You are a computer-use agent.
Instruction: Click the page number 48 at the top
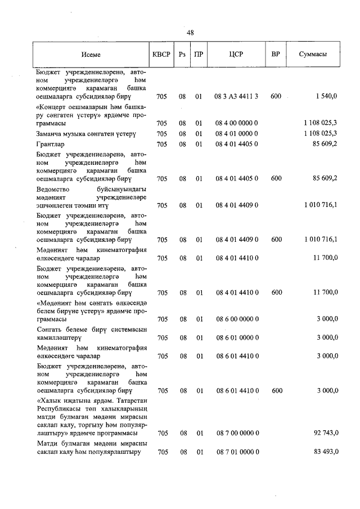pyautogui.click(x=190, y=32)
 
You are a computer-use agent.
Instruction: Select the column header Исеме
pyautogui.click(x=91, y=55)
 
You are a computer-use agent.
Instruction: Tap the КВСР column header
pyautogui.click(x=161, y=55)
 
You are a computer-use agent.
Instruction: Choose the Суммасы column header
pyautogui.click(x=313, y=55)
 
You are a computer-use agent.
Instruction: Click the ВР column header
pyautogui.click(x=276, y=55)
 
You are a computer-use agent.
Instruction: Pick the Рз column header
pyautogui.click(x=182, y=55)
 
